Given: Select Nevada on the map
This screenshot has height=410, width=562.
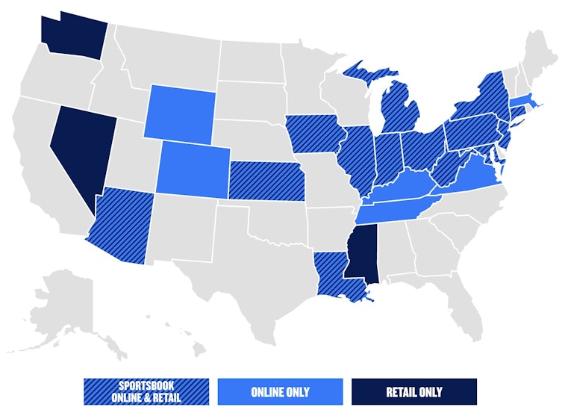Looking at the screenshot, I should (78, 146).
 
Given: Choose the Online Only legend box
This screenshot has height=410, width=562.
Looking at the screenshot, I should (281, 391).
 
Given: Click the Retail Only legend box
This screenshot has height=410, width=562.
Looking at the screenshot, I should (414, 391).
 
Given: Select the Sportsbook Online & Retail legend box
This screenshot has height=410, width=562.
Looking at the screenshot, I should (146, 391).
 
